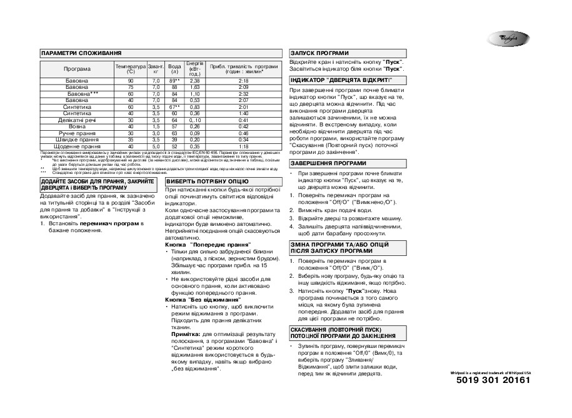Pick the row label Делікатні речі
(x=78, y=120)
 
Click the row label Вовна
(x=78, y=126)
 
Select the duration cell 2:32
(x=244, y=94)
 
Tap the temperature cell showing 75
(x=131, y=88)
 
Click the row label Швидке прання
(x=78, y=140)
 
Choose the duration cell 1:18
(x=244, y=146)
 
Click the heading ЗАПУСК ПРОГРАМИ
(x=319, y=54)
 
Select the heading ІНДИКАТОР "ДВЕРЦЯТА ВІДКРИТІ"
(x=341, y=81)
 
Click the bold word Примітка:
(x=184, y=335)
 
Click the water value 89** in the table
(x=175, y=81)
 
